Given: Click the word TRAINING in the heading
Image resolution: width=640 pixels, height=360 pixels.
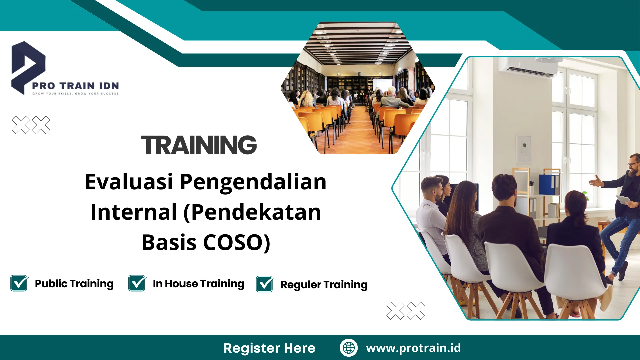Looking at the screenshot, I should tap(199, 145).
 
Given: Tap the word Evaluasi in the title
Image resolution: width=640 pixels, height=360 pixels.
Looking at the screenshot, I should tap(129, 182).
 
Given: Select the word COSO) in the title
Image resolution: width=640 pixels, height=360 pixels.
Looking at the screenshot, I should tap(236, 242).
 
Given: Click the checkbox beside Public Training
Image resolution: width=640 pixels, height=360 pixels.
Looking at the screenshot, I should tap(19, 283).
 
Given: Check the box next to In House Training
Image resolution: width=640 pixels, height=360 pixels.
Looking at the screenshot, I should tap(137, 283).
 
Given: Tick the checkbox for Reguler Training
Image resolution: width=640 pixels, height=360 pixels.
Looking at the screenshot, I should tap(265, 284).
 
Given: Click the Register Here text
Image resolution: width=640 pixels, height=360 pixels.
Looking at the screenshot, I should tap(269, 348).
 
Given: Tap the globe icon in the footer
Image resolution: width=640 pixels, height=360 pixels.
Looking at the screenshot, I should tap(349, 348).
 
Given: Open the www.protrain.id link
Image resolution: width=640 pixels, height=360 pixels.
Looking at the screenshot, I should tap(413, 348).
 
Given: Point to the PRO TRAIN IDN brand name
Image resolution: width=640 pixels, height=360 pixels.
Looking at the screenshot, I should tap(75, 86).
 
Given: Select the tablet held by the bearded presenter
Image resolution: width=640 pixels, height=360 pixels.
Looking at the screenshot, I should tap(623, 200).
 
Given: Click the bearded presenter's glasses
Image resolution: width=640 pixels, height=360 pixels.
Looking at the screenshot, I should tap(632, 165).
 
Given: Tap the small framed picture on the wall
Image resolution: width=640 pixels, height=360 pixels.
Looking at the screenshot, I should tap(523, 148).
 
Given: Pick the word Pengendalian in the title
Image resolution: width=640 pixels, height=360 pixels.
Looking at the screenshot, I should tap(253, 182).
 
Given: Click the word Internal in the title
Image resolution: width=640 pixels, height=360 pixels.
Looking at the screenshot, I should tap(134, 212).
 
